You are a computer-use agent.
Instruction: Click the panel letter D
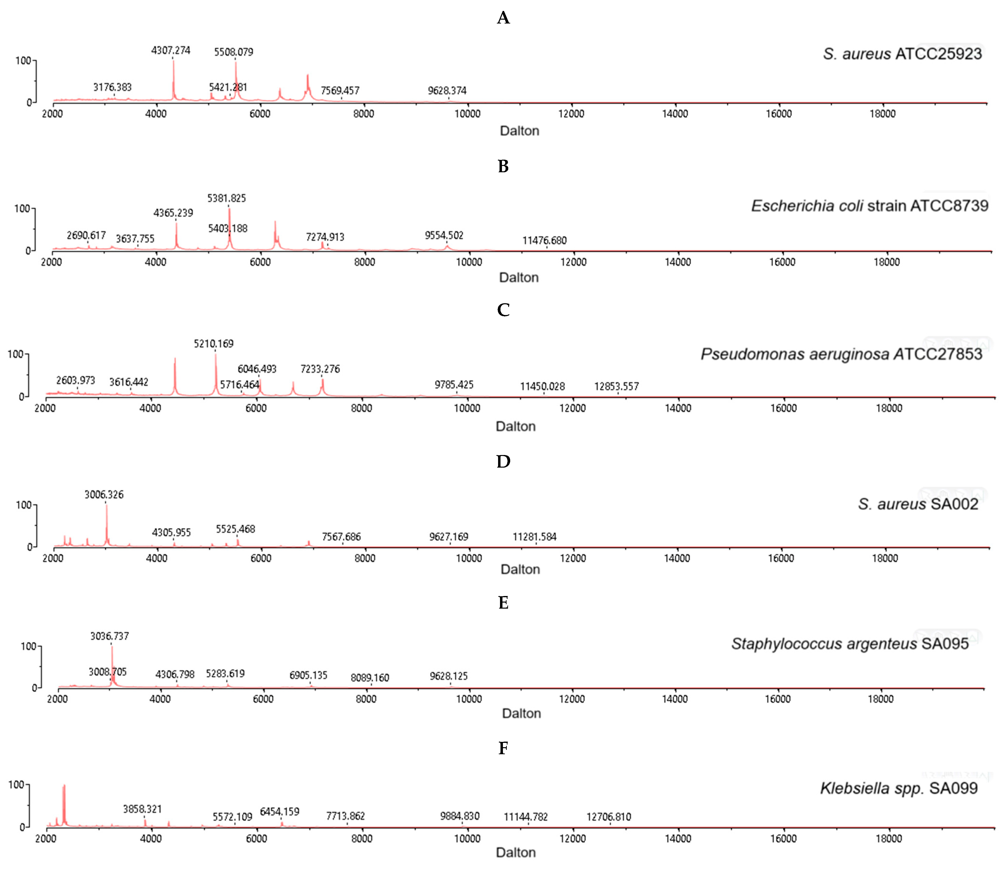[x=503, y=461]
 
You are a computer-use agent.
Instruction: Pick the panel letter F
[x=503, y=748]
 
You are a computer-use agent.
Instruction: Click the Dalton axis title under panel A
[x=519, y=131]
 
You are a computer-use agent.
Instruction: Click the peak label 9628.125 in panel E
[x=448, y=676]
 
